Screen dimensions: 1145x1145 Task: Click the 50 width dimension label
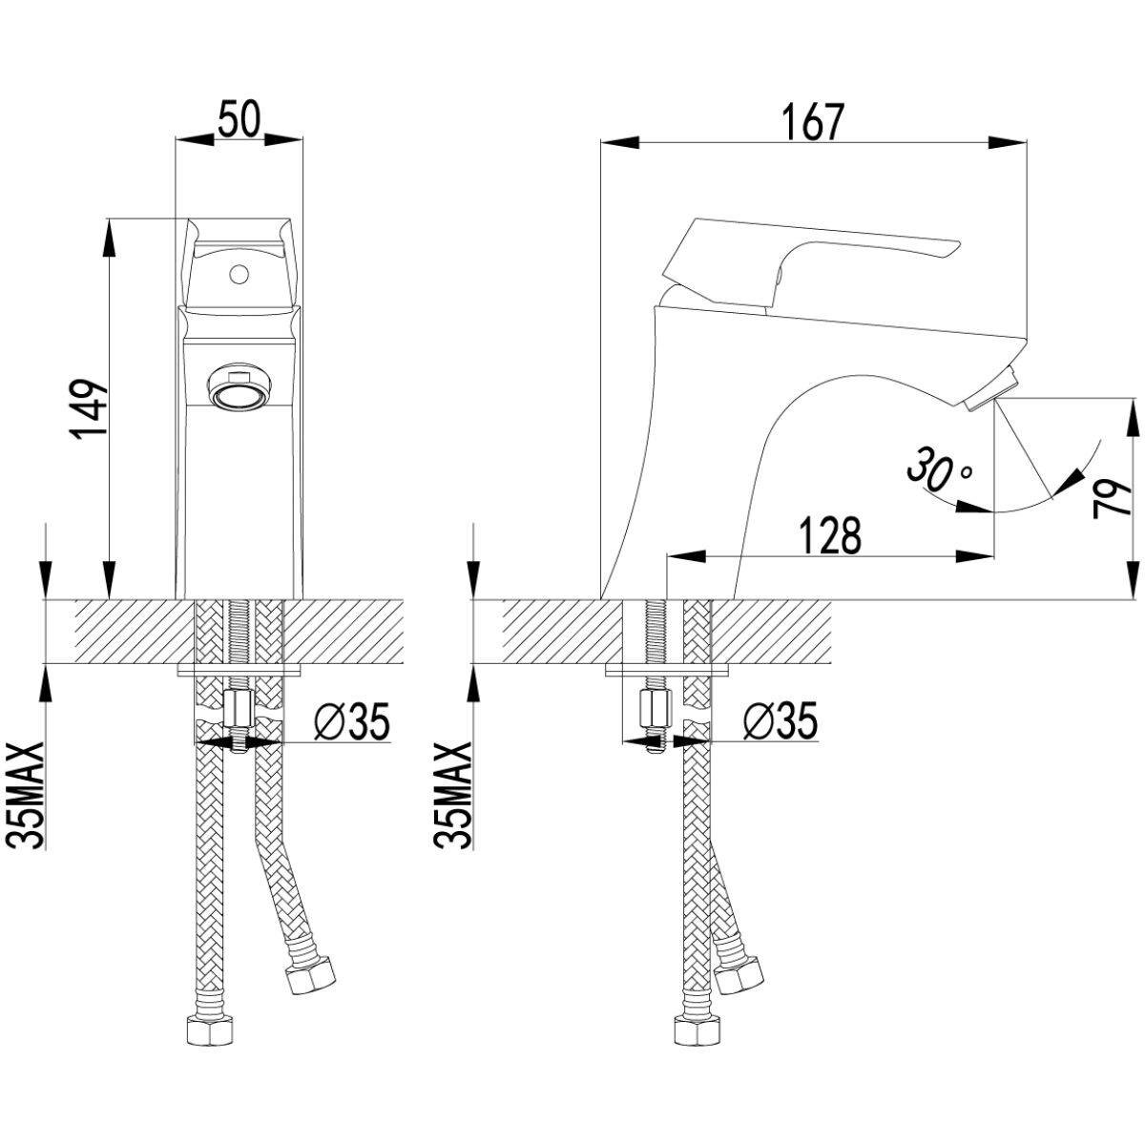pyautogui.click(x=239, y=119)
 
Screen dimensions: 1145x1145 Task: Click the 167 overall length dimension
pyautogui.click(x=812, y=123)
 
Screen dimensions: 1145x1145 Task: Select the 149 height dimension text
pyautogui.click(x=91, y=410)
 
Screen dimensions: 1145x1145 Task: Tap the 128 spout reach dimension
pyautogui.click(x=829, y=536)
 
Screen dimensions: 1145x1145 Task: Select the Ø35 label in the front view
pyautogui.click(x=352, y=721)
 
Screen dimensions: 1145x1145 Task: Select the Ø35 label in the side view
pyautogui.click(x=781, y=721)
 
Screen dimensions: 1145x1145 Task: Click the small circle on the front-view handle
pyautogui.click(x=239, y=275)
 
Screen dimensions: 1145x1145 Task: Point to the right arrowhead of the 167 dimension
pyautogui.click(x=1008, y=142)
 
